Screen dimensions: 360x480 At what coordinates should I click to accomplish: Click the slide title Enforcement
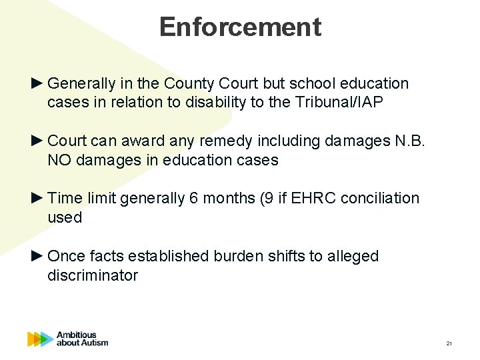[240, 27]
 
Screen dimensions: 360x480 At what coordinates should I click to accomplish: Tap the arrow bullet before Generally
[37, 84]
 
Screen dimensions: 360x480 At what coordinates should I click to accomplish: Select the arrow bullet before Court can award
[37, 141]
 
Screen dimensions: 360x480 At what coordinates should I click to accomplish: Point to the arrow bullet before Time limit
[37, 199]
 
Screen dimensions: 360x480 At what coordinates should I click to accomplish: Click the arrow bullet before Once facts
[37, 256]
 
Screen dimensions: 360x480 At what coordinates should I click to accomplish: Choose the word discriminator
[93, 275]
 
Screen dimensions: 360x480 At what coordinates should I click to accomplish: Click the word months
[219, 199]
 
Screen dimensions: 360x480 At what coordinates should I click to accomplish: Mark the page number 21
[449, 343]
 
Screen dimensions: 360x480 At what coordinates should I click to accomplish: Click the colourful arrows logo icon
[40, 339]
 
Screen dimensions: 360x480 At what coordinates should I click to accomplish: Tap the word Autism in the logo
[93, 343]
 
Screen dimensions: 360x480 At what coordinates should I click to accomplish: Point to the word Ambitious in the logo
[77, 335]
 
